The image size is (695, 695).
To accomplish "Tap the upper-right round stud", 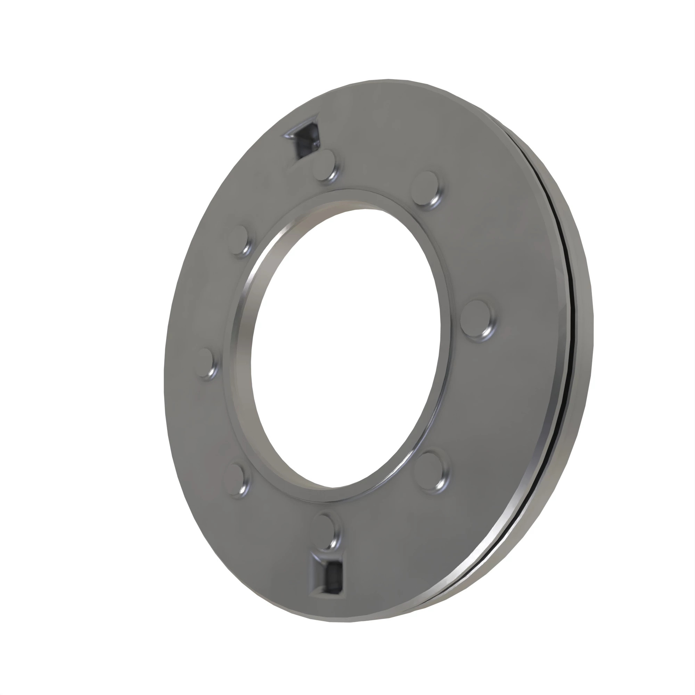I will point(426,188).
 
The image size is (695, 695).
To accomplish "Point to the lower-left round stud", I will point(236,479).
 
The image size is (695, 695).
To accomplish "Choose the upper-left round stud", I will point(239,239).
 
